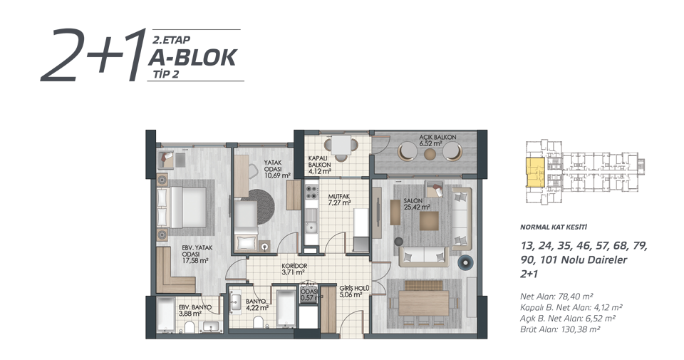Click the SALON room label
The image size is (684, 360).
tap(413, 201)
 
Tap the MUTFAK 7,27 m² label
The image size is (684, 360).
tap(339, 200)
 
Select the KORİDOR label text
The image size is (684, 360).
tap(294, 266)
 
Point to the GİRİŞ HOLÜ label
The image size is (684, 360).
tap(355, 289)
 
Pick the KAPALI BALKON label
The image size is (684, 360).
tap(319, 161)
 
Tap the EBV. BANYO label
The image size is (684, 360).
tap(195, 307)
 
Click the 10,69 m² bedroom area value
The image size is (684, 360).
tap(277, 176)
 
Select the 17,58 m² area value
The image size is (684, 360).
tap(195, 260)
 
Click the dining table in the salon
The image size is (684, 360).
tap(423, 303)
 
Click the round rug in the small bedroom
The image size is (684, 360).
tap(261, 207)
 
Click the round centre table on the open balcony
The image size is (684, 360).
tap(430, 153)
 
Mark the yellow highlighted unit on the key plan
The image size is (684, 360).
tap(535, 173)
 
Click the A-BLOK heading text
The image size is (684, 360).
tap(194, 58)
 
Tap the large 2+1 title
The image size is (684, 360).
tap(93, 55)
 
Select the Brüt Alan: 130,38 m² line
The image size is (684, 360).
tap(560, 329)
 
